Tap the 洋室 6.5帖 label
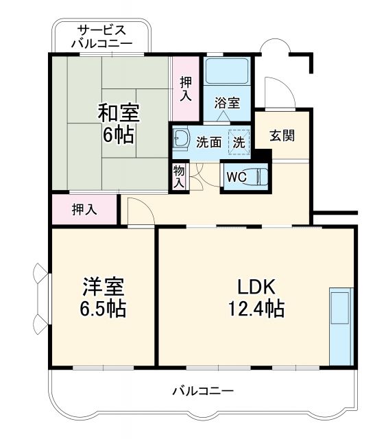102,296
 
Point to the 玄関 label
281,135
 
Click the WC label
237,176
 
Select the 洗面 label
208,143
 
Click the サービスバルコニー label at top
101,36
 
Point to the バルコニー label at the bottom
202,391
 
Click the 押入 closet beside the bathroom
186,88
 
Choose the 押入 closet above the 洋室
84,209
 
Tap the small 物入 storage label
178,176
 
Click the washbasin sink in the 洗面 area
181,140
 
